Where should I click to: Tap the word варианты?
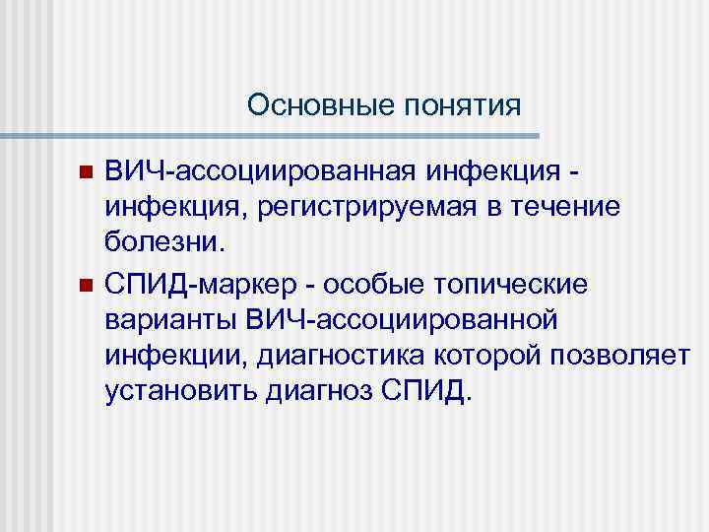171,320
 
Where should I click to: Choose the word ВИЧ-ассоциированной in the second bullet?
402,320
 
